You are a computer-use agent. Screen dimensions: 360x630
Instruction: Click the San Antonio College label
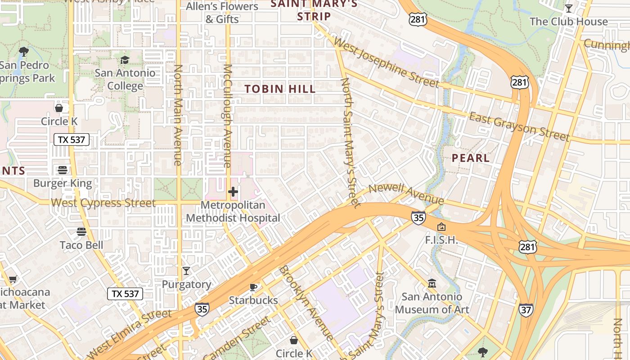click(125, 79)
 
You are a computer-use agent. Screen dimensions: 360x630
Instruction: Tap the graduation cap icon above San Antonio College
click(124, 60)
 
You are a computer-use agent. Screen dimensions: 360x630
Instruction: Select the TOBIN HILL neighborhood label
click(280, 89)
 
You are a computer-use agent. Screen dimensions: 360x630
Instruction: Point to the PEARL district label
click(470, 158)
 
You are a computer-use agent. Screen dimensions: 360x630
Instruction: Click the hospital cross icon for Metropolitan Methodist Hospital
click(233, 192)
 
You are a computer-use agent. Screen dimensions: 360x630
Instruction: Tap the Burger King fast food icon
click(63, 170)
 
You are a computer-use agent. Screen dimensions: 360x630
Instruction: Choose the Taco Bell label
click(81, 245)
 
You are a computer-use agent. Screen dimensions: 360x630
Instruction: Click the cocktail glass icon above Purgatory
click(186, 270)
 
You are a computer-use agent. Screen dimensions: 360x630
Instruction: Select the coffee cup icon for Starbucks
click(253, 287)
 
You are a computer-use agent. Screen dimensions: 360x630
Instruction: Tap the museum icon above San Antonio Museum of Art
click(432, 283)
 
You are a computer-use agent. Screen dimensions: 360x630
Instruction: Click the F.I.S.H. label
click(441, 240)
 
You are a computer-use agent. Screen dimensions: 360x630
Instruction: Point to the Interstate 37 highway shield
click(526, 310)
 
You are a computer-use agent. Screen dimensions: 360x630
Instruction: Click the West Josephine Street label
click(386, 63)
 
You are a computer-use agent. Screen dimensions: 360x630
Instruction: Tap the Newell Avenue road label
click(406, 193)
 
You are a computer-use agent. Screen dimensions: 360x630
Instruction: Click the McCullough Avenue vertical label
click(228, 116)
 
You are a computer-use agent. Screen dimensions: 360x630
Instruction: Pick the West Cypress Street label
click(103, 202)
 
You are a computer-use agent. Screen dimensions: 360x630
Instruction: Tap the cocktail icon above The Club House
click(569, 9)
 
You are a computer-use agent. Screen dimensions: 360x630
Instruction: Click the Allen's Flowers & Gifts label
click(222, 13)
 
